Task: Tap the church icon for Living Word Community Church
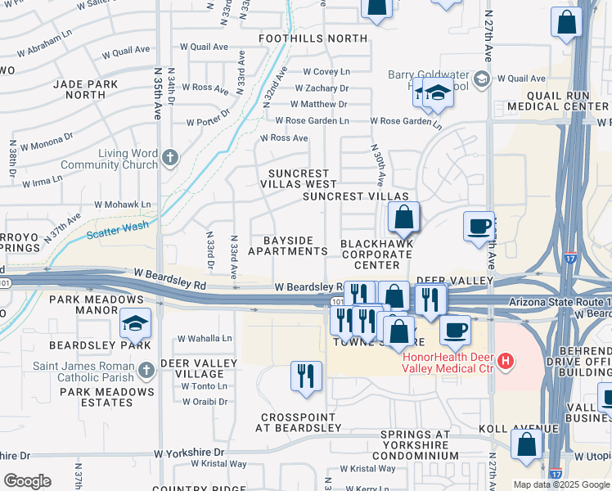coord(170,156)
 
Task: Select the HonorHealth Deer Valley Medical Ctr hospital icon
coord(506,361)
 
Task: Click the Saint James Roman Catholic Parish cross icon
coord(146,371)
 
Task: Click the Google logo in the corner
coord(27,481)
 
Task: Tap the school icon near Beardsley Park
coord(135,325)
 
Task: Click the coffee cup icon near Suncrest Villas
coord(479,226)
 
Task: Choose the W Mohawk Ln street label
coord(123,205)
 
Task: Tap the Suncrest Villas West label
coord(299,178)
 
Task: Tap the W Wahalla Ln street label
coord(205,339)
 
